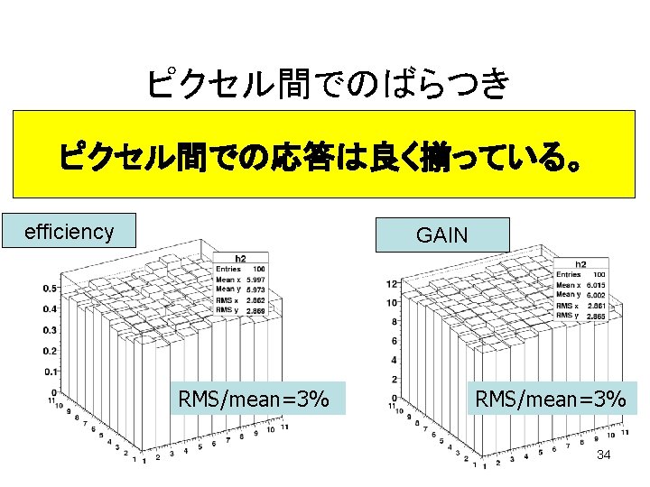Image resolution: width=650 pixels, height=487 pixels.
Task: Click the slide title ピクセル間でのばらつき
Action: tap(327, 85)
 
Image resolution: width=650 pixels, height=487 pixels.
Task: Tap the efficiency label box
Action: tap(69, 232)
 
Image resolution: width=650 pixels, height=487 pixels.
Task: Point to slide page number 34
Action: tap(603, 455)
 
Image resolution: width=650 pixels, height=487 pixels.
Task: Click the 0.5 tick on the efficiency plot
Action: tap(50, 289)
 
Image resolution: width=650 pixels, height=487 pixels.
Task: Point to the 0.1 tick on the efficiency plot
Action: tap(50, 372)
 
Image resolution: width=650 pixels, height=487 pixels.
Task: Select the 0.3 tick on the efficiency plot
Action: tap(50, 330)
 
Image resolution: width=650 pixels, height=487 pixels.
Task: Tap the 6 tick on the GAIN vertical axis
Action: tap(395, 342)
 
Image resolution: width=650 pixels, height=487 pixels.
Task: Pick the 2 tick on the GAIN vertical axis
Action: tap(395, 380)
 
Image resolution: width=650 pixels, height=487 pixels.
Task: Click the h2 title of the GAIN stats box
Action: tap(582, 264)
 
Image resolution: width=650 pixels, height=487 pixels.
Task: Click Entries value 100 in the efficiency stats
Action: tap(258, 269)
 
